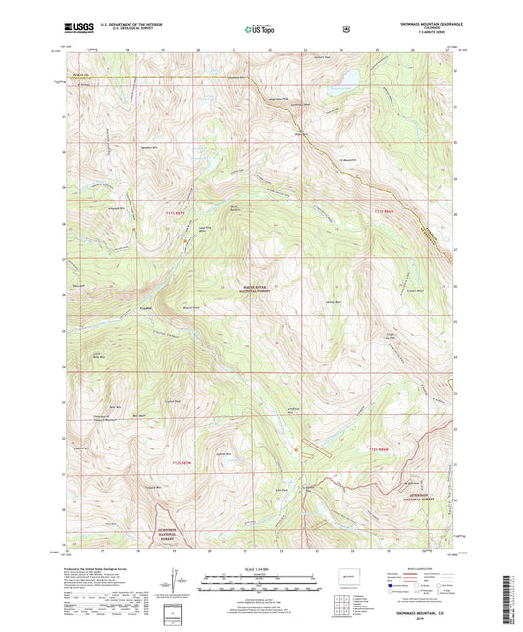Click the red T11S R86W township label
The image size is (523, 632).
click(386, 213)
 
